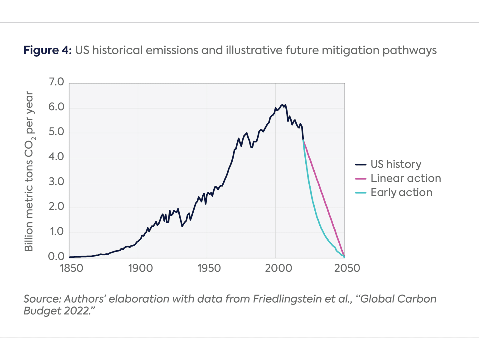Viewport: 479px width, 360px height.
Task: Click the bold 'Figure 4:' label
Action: (48, 50)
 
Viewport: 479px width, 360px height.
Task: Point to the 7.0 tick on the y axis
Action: (56, 82)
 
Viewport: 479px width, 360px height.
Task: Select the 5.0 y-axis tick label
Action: (56, 132)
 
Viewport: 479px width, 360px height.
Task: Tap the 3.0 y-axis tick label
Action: (56, 182)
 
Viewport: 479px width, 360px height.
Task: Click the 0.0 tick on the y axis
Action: (56, 257)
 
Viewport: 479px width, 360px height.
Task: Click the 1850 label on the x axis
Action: (71, 268)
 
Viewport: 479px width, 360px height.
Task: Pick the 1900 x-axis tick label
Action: (140, 268)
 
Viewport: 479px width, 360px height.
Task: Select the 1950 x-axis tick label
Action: (209, 268)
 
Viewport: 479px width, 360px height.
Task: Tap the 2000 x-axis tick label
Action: (278, 268)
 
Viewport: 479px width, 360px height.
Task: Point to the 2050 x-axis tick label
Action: (347, 268)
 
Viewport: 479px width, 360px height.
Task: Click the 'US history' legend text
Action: (396, 164)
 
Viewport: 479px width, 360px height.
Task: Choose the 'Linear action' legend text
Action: (406, 178)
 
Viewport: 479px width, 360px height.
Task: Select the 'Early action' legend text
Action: (401, 193)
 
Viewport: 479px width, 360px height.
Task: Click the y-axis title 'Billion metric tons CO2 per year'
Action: (29, 171)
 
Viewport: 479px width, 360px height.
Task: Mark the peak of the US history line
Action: (282, 105)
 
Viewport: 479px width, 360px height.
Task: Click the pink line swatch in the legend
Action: (361, 179)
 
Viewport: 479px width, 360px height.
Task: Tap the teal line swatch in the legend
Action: (361, 193)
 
